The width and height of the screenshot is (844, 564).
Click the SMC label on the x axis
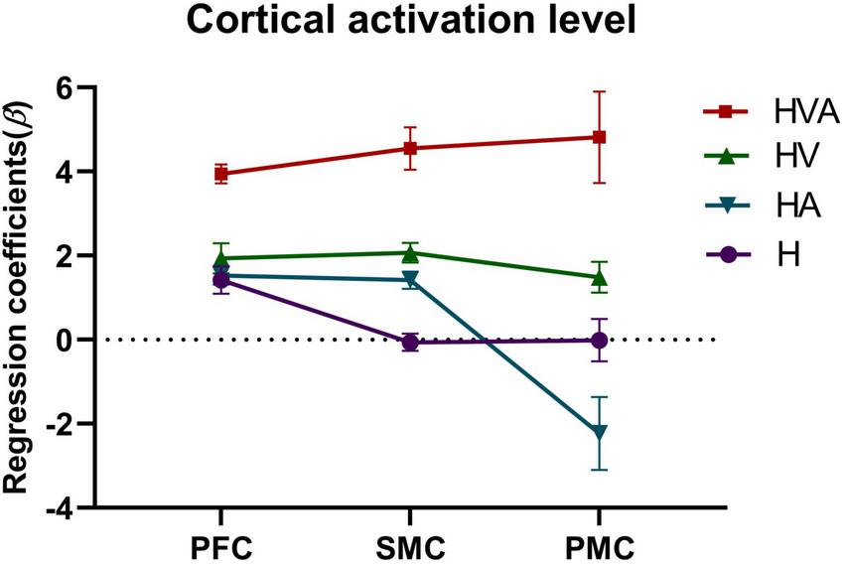[x=409, y=547]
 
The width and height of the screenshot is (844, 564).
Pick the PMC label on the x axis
[x=599, y=547]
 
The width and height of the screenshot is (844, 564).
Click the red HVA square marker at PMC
[x=599, y=137]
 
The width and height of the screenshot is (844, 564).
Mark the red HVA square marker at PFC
[x=221, y=174]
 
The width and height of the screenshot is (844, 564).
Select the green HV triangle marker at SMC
[x=409, y=252]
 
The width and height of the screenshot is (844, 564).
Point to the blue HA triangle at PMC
[x=599, y=432]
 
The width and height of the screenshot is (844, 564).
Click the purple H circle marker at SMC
[x=409, y=343]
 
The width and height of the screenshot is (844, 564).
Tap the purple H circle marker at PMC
[x=599, y=340]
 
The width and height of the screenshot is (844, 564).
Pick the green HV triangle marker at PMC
[x=599, y=277]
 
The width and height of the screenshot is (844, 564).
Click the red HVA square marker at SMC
[x=409, y=148]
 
